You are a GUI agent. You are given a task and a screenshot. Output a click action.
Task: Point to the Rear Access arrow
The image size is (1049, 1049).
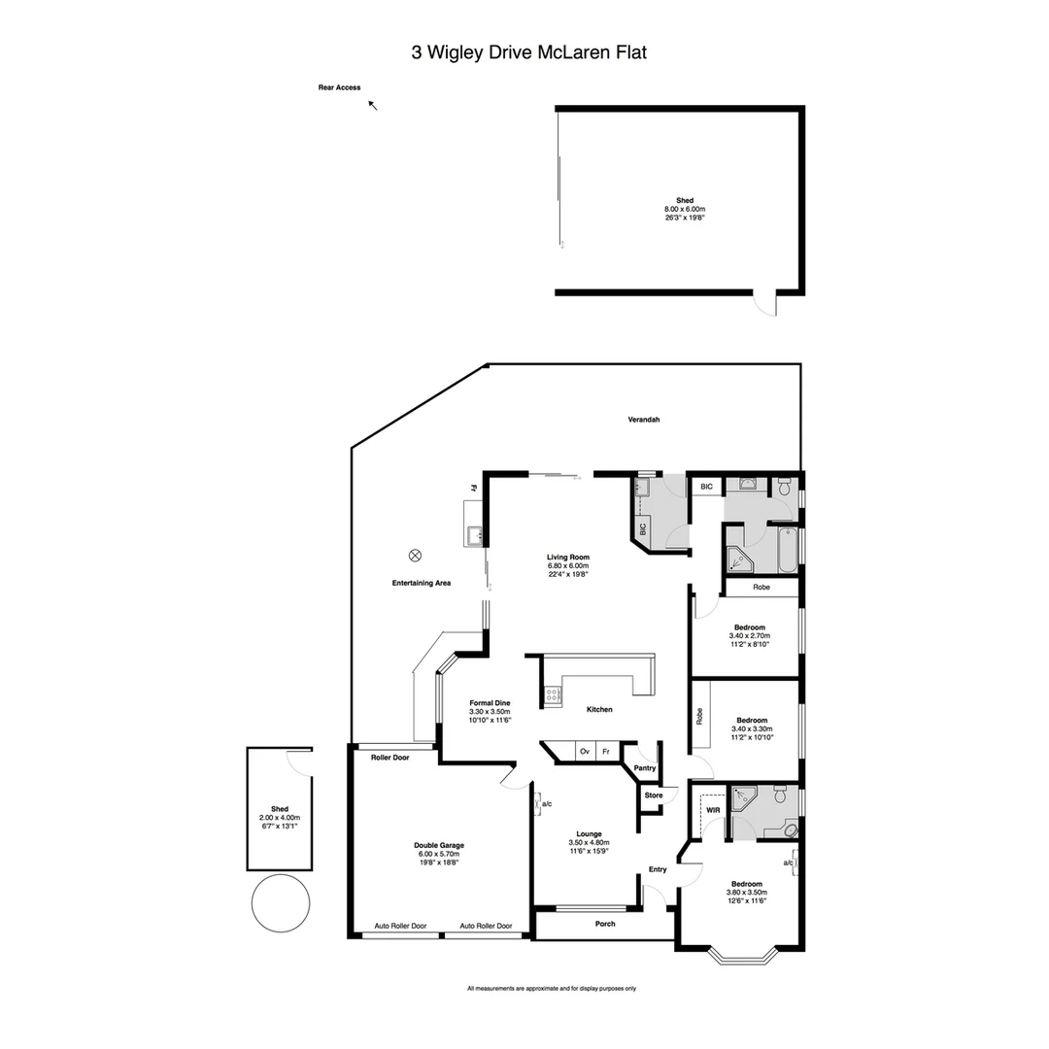coord(373,105)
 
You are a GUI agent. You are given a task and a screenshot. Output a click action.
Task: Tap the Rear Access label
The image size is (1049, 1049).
coord(339,87)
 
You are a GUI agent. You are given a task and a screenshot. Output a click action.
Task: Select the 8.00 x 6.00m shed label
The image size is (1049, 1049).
coord(685,209)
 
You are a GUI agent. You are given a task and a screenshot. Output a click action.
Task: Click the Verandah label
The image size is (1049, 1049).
coord(643,420)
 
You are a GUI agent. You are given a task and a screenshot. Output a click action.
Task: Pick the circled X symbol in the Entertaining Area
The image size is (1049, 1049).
coord(416,556)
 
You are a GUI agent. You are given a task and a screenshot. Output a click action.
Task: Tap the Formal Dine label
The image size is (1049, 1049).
coord(490,711)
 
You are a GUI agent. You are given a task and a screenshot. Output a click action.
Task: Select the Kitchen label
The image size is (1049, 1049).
coord(599,710)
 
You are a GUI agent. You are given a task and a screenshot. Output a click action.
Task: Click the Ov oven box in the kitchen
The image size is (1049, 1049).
coord(584,752)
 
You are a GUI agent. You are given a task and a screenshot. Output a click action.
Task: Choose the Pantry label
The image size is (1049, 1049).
coord(644,768)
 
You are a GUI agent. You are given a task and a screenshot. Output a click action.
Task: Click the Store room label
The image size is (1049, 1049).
coord(654,795)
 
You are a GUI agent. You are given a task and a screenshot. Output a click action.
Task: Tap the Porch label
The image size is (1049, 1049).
coord(605,924)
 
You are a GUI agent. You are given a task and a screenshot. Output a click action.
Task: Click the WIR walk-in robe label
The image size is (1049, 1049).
coord(713,809)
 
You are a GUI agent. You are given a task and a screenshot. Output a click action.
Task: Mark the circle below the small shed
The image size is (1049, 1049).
coord(281,903)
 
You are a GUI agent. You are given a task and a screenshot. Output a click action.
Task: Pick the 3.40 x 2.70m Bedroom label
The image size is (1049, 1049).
coord(749,635)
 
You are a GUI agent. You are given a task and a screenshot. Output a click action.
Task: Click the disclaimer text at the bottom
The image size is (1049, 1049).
coord(552,989)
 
